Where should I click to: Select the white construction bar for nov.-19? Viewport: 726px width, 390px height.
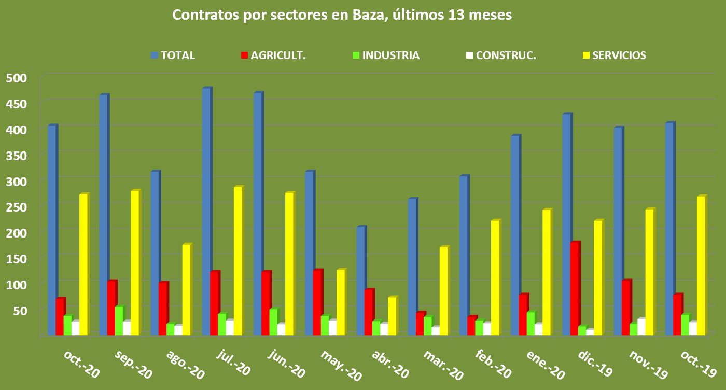[641, 327]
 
